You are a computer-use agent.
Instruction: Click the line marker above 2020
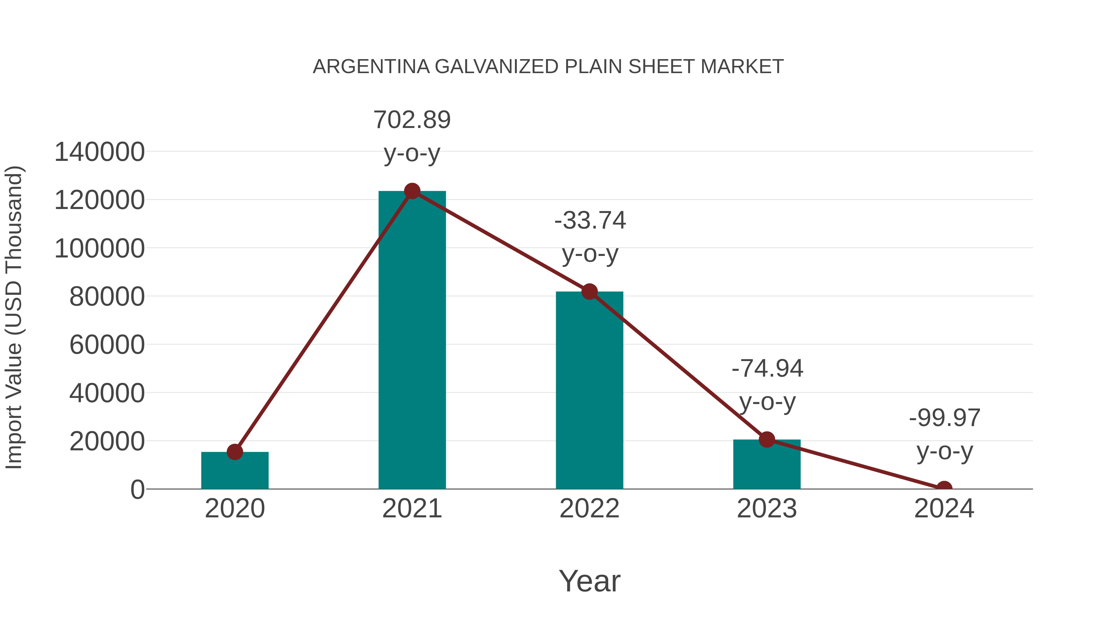click(x=235, y=452)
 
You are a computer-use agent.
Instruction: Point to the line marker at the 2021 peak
click(x=412, y=191)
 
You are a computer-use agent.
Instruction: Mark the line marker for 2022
click(x=589, y=292)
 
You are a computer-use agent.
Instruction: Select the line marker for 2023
click(x=767, y=439)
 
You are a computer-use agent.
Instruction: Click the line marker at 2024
click(x=944, y=488)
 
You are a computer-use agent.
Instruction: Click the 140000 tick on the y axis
click(x=99, y=152)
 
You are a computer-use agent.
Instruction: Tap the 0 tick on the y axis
click(x=137, y=490)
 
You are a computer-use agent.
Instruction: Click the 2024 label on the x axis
click(x=944, y=509)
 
